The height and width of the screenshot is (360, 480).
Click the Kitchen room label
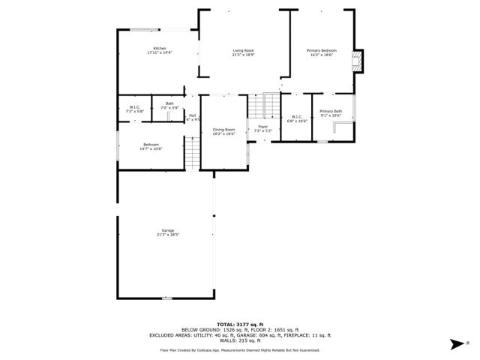tap(160, 48)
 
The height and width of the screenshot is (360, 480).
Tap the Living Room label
tap(244, 50)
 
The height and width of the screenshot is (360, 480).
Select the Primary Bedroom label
tap(322, 50)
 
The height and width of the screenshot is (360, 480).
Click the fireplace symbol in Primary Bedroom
tap(358, 61)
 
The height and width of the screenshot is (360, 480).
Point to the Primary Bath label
tap(331, 111)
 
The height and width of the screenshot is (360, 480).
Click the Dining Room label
tap(223, 129)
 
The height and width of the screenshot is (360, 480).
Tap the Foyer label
tap(263, 127)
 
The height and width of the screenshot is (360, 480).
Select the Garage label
tap(168, 230)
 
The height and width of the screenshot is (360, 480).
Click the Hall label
tap(193, 115)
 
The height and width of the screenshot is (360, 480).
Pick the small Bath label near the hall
tap(170, 103)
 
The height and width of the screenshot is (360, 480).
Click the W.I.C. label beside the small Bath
tap(135, 106)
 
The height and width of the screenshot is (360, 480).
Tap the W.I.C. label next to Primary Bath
tap(296, 116)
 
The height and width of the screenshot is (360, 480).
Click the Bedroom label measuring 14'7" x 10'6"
tap(151, 145)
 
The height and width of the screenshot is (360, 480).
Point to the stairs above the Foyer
tap(262, 106)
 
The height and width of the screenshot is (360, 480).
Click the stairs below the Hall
tap(193, 154)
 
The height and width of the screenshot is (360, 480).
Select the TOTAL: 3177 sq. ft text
tap(240, 322)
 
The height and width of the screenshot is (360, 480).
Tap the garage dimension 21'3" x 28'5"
tap(168, 235)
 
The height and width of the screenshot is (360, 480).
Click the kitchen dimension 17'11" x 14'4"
tap(160, 52)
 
